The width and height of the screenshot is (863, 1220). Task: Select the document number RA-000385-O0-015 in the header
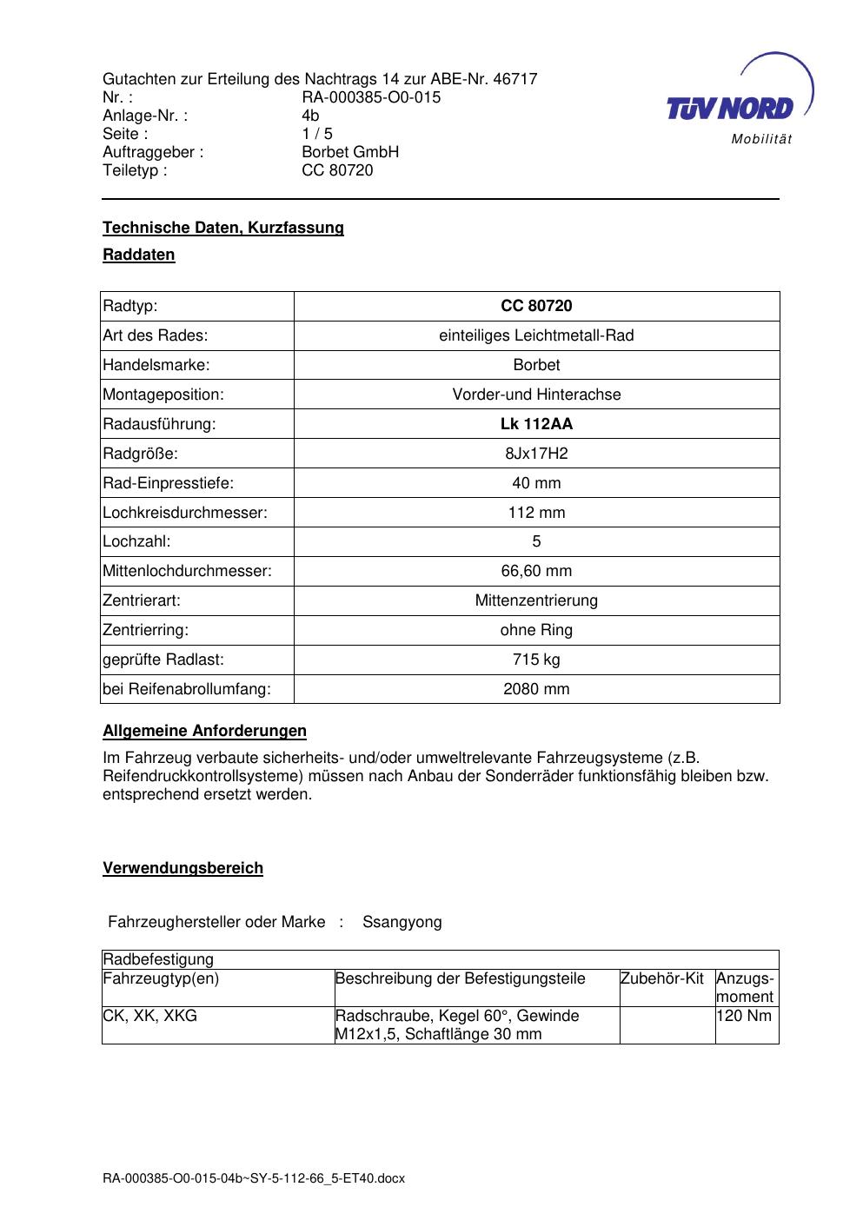pos(371,97)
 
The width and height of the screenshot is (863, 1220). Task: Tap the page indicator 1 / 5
pos(317,134)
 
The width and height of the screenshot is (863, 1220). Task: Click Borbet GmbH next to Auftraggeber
pos(350,152)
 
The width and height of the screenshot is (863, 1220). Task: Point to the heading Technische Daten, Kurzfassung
pos(223,228)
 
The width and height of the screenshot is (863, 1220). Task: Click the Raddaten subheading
pos(139,255)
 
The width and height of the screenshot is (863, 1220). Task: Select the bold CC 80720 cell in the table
pos(536,306)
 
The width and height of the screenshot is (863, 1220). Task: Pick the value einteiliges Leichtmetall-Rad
pos(536,335)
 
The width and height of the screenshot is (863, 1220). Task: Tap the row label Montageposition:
pos(163,395)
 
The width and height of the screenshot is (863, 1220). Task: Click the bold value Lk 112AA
pos(536,424)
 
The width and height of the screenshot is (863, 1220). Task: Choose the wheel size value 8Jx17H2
pos(536,454)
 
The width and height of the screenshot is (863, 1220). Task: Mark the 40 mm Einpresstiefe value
pos(536,483)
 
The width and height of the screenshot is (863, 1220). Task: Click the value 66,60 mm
pos(536,571)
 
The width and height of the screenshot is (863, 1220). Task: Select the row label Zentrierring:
pos(146,630)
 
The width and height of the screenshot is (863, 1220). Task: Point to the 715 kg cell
pos(536,660)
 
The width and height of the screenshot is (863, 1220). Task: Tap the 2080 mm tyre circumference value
pos(536,689)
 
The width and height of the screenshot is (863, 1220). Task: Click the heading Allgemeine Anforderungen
pos(204,731)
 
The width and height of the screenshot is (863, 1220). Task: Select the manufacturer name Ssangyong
pos(402,922)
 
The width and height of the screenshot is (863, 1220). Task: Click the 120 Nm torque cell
pos(744,1016)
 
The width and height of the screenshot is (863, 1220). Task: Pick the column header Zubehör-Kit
pos(662,978)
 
